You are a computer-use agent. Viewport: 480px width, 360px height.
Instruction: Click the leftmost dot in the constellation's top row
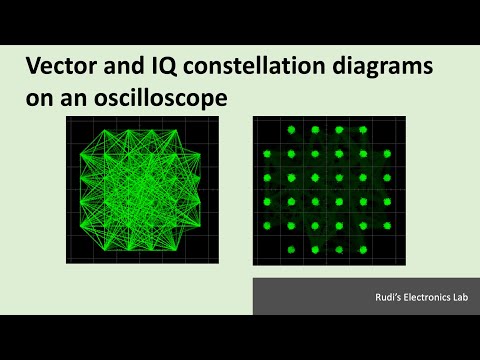(291, 130)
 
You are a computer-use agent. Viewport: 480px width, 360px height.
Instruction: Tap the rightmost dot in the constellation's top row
(363, 130)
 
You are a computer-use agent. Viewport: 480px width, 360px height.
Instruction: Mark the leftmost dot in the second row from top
(267, 154)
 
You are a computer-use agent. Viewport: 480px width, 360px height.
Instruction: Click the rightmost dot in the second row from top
(387, 154)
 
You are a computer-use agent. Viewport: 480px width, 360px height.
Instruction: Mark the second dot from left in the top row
(315, 130)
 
